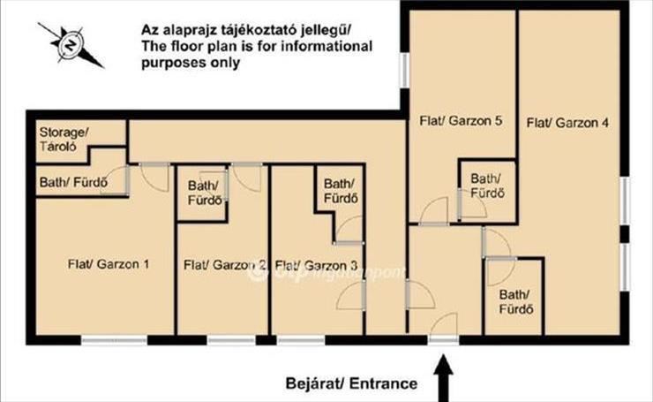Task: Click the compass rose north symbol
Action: click(71, 45)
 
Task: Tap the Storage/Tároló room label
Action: click(64, 140)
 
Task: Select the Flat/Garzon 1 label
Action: click(109, 264)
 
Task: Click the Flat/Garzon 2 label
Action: click(225, 265)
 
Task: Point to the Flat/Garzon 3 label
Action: click(316, 265)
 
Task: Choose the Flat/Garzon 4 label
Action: click(567, 123)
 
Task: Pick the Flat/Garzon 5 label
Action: click(461, 120)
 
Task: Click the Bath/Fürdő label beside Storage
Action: click(73, 182)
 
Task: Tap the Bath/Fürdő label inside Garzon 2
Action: click(204, 193)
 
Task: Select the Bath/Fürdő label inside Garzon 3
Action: click(341, 191)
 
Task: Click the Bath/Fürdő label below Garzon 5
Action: click(487, 186)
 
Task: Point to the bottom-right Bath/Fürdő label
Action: click(516, 301)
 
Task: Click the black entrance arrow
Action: click(444, 378)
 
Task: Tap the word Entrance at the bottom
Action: click(383, 383)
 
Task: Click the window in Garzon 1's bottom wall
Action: click(114, 340)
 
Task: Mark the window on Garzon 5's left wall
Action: click(404, 70)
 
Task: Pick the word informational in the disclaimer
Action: click(326, 46)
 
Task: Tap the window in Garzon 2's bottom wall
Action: click(231, 340)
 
